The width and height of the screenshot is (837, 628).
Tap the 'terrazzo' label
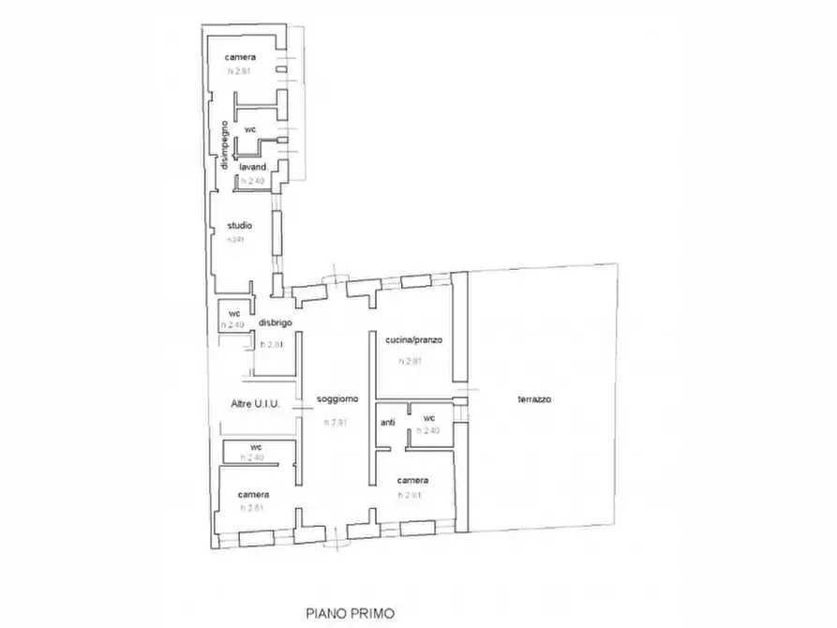click(x=533, y=399)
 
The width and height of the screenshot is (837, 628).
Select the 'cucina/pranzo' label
click(x=412, y=338)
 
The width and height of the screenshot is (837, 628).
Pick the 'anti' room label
click(x=388, y=423)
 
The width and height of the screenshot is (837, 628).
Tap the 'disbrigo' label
click(x=276, y=322)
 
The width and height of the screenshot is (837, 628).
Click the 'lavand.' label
click(x=253, y=167)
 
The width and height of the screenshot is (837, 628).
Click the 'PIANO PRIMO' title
click(x=351, y=614)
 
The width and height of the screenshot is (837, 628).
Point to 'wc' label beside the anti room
click(x=428, y=418)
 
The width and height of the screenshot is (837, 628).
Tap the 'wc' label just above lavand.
click(x=250, y=128)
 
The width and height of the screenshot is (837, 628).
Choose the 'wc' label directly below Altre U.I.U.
click(x=255, y=446)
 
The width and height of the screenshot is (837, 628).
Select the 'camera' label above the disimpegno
click(x=240, y=57)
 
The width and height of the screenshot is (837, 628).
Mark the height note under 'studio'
click(x=235, y=240)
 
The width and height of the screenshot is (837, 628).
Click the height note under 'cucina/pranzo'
click(x=411, y=361)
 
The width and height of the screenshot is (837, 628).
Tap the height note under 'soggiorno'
click(x=336, y=423)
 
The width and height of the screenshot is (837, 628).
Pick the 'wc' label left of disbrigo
click(x=235, y=313)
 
